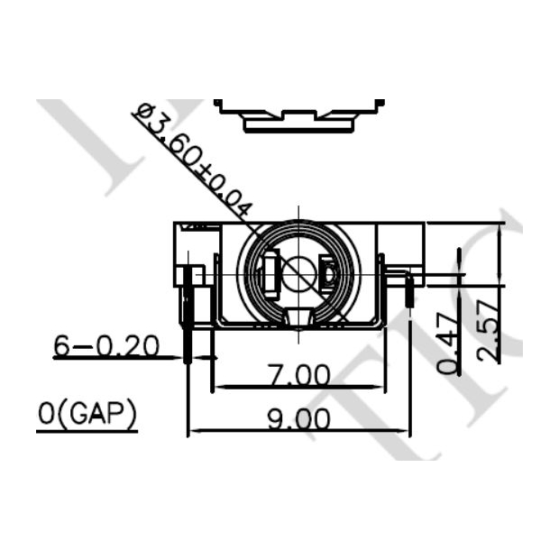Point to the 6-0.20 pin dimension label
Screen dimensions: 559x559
click(106, 345)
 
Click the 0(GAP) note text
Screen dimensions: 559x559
click(87, 415)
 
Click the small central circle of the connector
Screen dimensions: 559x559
click(298, 273)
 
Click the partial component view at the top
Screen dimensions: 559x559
click(298, 116)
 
